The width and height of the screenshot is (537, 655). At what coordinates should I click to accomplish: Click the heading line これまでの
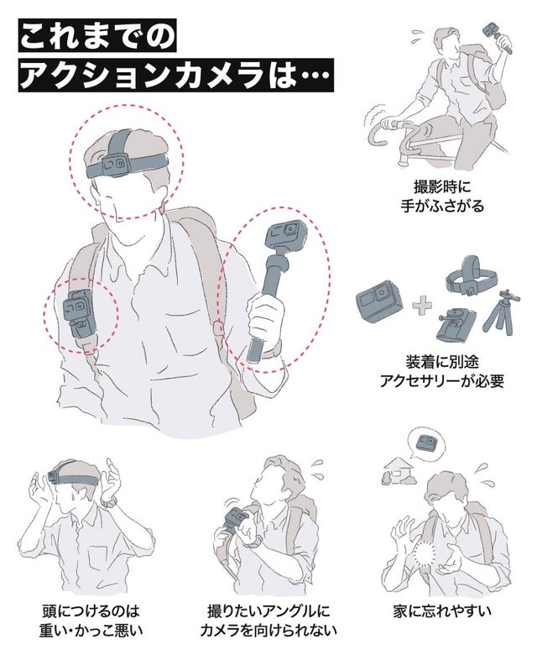click(97, 36)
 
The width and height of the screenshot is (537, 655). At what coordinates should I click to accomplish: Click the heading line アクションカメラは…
click(175, 75)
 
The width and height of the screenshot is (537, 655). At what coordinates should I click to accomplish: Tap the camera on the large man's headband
click(115, 163)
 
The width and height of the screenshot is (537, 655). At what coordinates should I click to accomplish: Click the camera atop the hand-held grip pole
click(286, 234)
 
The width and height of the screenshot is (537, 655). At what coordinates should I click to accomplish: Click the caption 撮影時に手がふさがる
click(442, 196)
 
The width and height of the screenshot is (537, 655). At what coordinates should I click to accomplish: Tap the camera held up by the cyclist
click(491, 32)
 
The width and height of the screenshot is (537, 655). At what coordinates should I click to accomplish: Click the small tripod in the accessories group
click(501, 311)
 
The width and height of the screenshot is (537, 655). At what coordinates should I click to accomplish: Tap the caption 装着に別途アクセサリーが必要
click(442, 371)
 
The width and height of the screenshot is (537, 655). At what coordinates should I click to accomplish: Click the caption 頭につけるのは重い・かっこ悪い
click(91, 621)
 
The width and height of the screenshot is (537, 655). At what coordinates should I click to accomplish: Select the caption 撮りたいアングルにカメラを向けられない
click(268, 621)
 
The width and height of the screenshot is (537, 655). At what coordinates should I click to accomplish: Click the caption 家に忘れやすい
click(442, 611)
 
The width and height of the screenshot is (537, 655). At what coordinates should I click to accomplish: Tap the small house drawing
click(398, 470)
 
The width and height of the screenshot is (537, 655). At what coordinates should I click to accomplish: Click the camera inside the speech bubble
click(427, 442)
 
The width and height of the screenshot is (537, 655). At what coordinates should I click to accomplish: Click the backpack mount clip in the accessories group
click(454, 326)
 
